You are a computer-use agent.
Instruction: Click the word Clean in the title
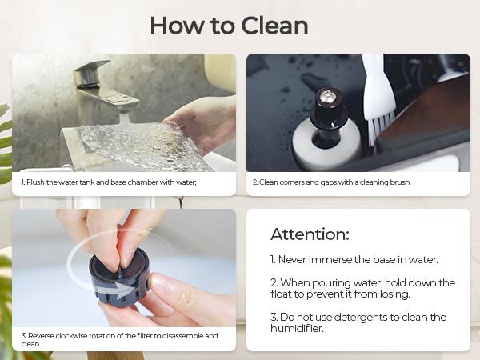(x=274, y=26)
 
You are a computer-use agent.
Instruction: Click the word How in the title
(x=176, y=26)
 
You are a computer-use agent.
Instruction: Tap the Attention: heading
(x=310, y=234)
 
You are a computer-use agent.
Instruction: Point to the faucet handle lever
(x=92, y=66)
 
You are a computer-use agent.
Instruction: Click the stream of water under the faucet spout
(x=125, y=118)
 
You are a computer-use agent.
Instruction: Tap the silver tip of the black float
(x=327, y=97)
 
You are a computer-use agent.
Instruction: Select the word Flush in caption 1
(x=35, y=182)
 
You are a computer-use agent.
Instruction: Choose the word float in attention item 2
(x=282, y=294)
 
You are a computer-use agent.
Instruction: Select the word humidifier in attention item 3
(x=297, y=329)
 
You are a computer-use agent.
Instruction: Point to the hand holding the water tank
(x=202, y=122)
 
